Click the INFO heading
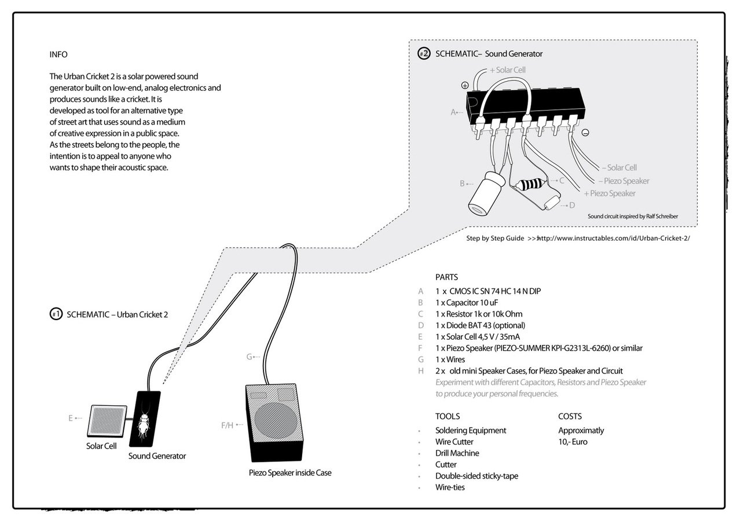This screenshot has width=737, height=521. (58, 54)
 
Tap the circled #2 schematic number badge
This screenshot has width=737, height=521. (424, 54)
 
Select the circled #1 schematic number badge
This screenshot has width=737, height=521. (56, 314)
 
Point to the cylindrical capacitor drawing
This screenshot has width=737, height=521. (485, 192)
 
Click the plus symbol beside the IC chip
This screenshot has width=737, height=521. (465, 85)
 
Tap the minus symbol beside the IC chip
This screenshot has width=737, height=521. (585, 133)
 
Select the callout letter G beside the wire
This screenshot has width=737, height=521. (250, 357)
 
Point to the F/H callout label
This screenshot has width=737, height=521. (227, 425)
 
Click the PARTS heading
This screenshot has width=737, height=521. (446, 277)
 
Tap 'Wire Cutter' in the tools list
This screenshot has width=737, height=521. (454, 442)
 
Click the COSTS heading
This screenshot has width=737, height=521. (570, 416)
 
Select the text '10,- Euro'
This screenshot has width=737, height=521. (573, 442)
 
